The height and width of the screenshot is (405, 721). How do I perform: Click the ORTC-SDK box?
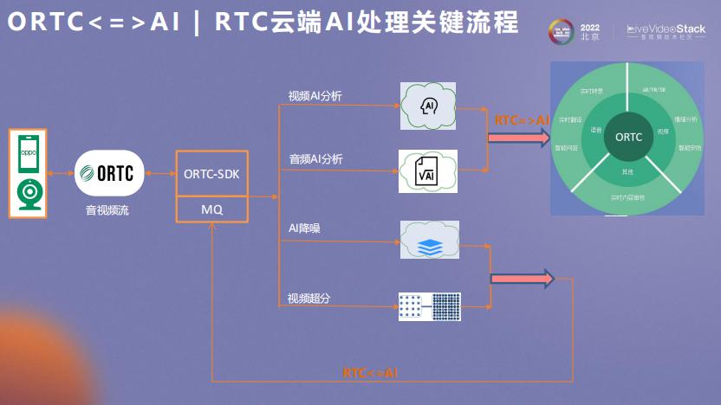point(211,174)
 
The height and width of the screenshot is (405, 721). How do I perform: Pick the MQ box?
point(211,209)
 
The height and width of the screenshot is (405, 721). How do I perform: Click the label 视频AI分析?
point(315,95)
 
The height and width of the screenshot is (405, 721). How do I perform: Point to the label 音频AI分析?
point(315,159)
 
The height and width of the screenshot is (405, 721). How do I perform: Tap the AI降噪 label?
point(305,228)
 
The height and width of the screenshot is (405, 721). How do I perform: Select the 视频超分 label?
point(309,299)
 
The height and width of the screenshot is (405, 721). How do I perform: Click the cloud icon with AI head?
point(429,106)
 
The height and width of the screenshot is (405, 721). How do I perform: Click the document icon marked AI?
point(428,170)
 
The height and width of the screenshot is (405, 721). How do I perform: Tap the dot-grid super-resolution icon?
point(429,307)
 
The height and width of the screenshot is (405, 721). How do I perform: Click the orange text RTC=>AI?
point(522,120)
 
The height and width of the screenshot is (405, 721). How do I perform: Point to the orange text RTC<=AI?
point(370,373)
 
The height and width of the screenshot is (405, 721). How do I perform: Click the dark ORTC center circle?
point(628,137)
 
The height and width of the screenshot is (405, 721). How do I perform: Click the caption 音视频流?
point(107,210)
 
